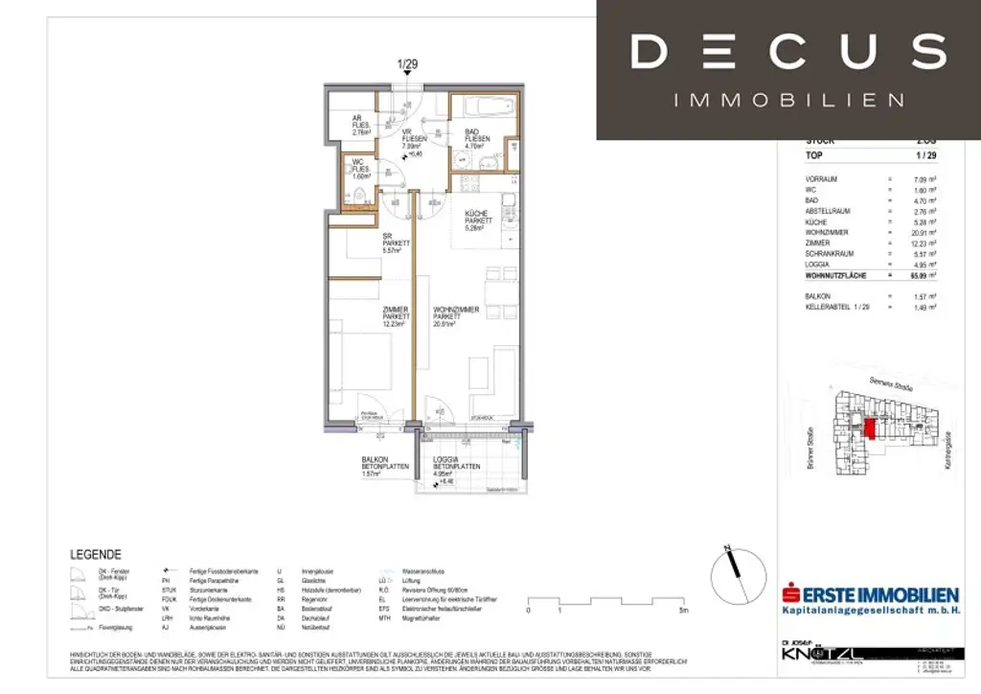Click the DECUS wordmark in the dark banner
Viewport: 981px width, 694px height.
coord(787,51)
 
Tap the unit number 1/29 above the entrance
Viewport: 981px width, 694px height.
coord(408,66)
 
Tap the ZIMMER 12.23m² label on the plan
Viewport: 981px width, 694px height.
coord(396,317)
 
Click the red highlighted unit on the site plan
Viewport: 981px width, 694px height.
coord(869,428)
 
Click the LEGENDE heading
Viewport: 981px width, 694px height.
coord(96,554)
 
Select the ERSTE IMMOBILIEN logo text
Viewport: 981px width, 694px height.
coord(875,595)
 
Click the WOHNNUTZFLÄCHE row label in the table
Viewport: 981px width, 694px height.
coord(842,276)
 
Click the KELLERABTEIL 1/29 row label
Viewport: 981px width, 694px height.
coord(838,309)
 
